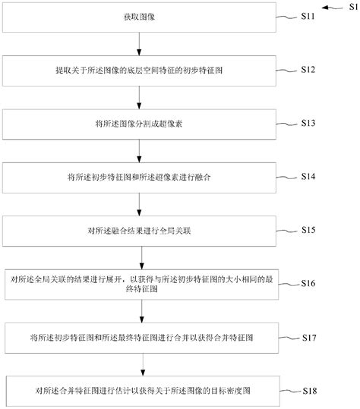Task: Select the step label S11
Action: pos(310,15)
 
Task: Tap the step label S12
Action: pos(309,70)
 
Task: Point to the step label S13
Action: pos(309,121)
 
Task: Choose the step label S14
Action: pos(309,175)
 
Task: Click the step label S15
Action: pos(309,228)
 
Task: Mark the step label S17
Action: pos(309,336)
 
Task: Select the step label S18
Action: pos(309,391)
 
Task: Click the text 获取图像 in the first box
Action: pos(137,16)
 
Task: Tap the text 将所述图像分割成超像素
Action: pos(137,122)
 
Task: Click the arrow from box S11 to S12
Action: pos(137,43)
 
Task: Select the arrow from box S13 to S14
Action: pos(137,149)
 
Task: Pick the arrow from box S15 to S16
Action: pos(137,256)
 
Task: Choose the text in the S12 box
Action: pos(137,69)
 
